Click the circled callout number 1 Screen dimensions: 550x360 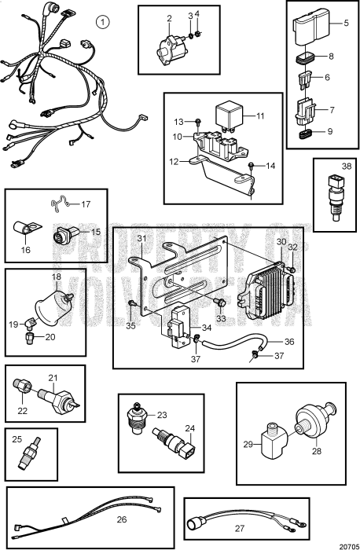coord(101,22)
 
